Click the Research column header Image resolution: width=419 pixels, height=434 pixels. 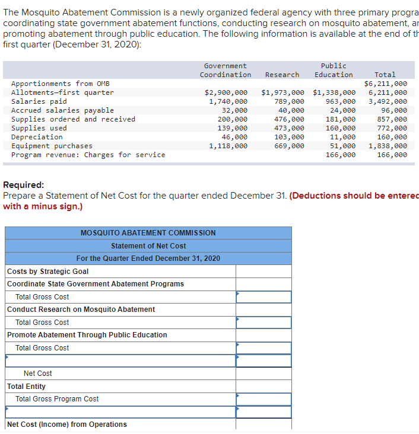(x=282, y=75)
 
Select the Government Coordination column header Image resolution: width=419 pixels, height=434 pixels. (x=225, y=70)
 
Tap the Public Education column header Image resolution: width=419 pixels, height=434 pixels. (x=333, y=70)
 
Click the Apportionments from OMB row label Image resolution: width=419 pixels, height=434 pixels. (x=61, y=84)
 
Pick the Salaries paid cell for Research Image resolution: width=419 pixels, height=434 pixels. (x=289, y=101)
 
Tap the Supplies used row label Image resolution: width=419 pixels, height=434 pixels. (x=39, y=128)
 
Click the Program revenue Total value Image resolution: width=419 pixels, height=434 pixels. (x=392, y=155)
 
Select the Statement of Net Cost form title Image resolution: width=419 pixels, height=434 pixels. (x=148, y=245)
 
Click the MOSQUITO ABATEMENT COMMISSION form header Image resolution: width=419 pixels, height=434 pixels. (x=148, y=233)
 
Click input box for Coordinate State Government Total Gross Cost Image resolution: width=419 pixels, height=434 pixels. (x=264, y=297)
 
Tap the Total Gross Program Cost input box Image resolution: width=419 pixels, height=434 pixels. (x=264, y=399)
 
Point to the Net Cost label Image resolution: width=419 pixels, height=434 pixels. (x=37, y=374)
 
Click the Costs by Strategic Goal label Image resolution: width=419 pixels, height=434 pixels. (x=47, y=272)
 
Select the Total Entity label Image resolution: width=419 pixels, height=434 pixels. (x=26, y=387)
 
